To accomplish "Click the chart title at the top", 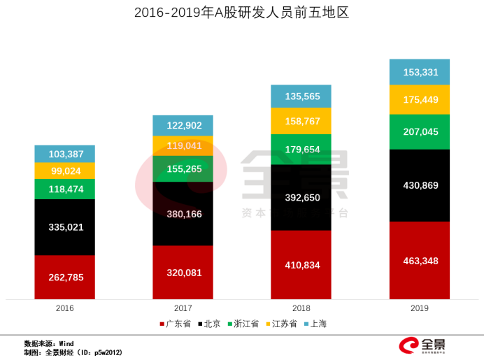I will pos(241,13).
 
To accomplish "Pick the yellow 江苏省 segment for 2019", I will pos(419,100).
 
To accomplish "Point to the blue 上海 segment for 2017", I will pos(183,126).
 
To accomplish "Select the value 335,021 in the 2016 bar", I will pos(65,227).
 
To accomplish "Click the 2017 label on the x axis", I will pos(183,308).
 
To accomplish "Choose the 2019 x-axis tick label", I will pos(419,308).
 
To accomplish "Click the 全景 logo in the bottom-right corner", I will pos(422,345).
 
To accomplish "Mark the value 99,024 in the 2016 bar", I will pos(65,171).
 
